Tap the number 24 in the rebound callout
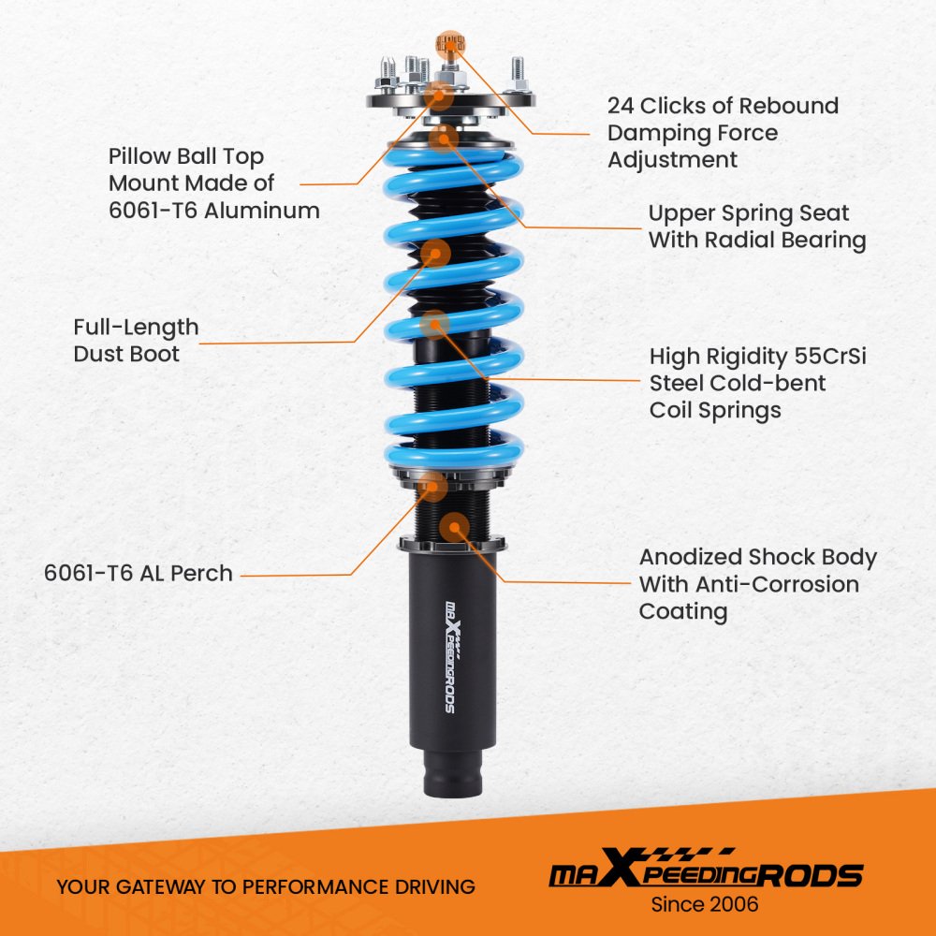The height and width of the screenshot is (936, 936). (621, 106)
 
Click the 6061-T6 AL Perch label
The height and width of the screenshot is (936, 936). (138, 573)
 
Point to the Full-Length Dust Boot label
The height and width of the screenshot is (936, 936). (136, 341)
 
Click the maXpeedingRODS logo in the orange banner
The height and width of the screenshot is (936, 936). (706, 869)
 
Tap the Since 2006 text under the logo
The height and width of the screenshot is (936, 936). (705, 904)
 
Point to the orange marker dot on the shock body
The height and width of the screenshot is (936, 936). (455, 528)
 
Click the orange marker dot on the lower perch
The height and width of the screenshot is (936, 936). (432, 486)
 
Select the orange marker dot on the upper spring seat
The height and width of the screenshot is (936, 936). (443, 139)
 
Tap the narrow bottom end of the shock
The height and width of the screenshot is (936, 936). (452, 772)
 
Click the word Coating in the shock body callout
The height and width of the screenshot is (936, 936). (683, 612)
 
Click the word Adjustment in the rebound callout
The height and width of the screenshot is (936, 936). (673, 160)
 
